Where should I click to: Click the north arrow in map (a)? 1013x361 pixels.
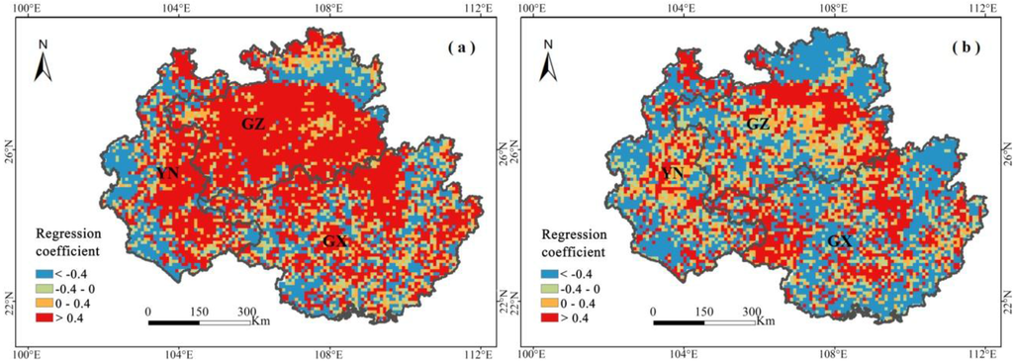coord(43,61)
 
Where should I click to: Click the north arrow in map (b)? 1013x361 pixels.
coord(547,61)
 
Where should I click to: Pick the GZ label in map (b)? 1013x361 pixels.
coord(758,124)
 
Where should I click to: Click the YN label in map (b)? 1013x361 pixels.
coord(674,173)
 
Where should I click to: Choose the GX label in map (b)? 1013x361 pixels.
coord(839,240)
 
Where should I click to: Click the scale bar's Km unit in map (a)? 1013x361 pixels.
coord(261,319)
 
